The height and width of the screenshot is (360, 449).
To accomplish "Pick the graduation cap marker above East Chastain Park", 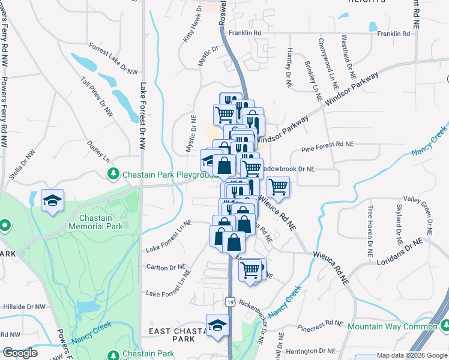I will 217,326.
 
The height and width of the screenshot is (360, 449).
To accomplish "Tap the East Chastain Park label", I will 173,335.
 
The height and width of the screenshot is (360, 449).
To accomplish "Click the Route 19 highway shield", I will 231,302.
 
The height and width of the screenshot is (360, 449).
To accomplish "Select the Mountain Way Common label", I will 393,326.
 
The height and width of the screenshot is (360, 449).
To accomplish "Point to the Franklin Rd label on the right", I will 393,34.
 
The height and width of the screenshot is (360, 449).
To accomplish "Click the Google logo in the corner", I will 20,353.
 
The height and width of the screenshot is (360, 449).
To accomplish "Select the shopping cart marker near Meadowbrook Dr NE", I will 278,187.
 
